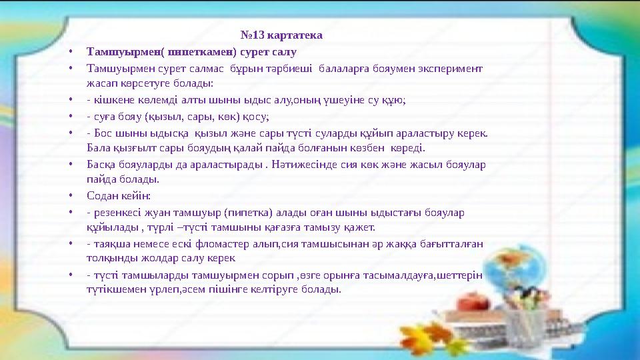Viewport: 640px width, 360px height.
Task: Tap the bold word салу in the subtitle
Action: pyautogui.click(x=285, y=51)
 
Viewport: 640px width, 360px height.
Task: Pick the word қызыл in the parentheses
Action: pyautogui.click(x=167, y=115)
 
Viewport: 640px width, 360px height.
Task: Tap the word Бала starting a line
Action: pyautogui.click(x=97, y=147)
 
